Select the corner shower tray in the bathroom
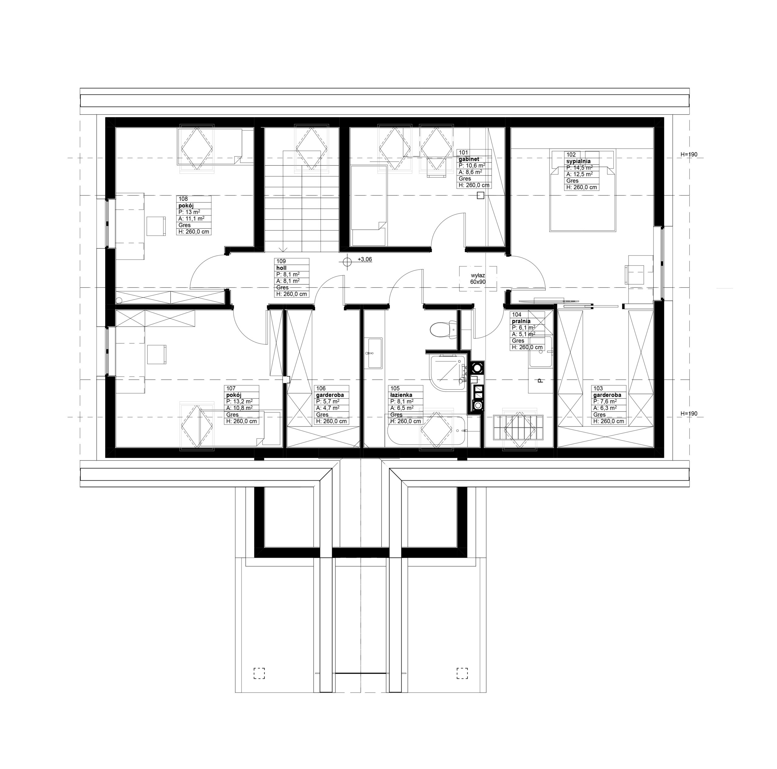coord(447,372)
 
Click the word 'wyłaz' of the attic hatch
coord(478,275)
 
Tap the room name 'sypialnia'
coord(578,161)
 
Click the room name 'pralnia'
coord(521,321)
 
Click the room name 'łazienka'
coord(401,395)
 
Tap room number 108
coord(183,199)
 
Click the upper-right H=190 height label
coord(689,154)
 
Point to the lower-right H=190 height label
coord(689,413)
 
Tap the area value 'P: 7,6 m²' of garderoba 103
coord(605,401)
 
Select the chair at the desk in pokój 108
coord(156,226)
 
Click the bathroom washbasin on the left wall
coord(374,353)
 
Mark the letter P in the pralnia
coord(540,380)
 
